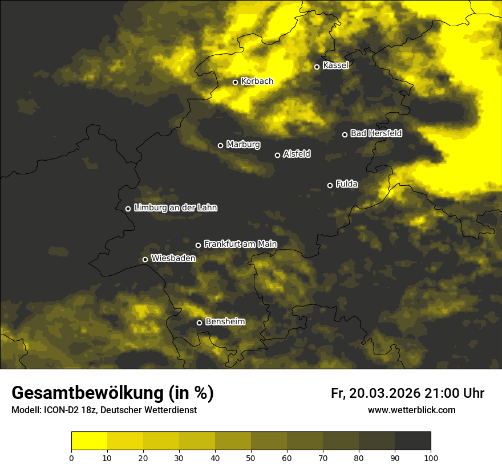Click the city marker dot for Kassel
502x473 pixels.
coord(317,67)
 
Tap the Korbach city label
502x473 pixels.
coord(257,81)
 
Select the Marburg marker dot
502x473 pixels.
coord(220,145)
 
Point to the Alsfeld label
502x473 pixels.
coord(297,154)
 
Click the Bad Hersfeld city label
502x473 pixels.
coord(376,133)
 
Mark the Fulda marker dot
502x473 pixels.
coord(330,185)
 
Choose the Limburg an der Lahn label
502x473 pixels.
coord(175,208)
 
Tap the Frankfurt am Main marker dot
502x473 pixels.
coord(198,245)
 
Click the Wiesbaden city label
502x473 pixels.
coord(173,259)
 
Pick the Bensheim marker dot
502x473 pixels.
coord(199,323)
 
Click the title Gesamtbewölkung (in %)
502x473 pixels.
coord(112,393)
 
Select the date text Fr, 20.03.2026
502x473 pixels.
coord(375,393)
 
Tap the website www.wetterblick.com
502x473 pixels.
coord(411,410)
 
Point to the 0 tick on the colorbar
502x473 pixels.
coord(71,458)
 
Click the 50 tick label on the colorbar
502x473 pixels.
coord(251,458)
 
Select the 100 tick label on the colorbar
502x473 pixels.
coord(431,458)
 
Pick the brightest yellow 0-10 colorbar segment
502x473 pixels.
coord(89,441)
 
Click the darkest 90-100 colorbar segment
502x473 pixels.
coord(412,441)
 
